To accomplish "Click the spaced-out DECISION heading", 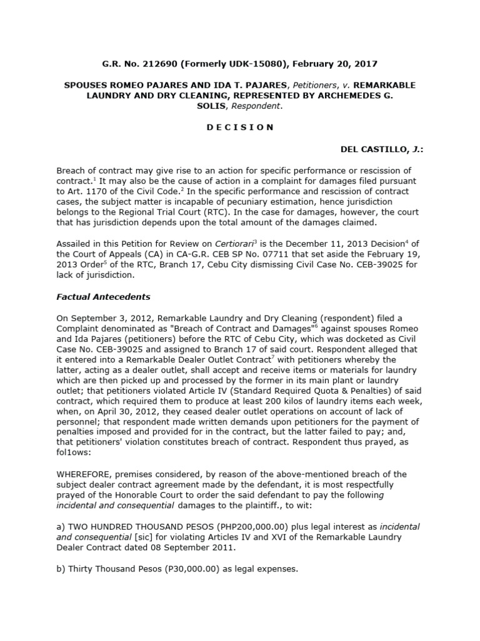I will (240, 127).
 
